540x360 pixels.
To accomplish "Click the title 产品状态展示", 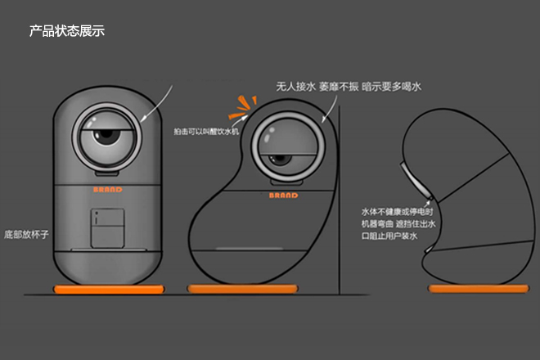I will click(67, 31).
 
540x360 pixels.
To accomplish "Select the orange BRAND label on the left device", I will click(107, 189).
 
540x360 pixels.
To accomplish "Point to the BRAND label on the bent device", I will click(283, 196).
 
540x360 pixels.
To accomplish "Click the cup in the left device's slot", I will click(106, 228).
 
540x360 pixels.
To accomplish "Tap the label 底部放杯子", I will click(27, 234).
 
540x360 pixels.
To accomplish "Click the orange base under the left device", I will click(107, 289).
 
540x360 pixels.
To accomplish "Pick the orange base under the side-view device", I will click(477, 289).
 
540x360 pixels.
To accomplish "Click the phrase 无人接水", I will click(295, 85).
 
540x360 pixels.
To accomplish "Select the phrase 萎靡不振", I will click(339, 85).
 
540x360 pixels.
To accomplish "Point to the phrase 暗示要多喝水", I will click(393, 85).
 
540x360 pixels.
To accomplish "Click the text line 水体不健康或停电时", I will click(390, 209).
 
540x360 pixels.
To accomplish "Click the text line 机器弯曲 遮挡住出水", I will click(390, 223).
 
